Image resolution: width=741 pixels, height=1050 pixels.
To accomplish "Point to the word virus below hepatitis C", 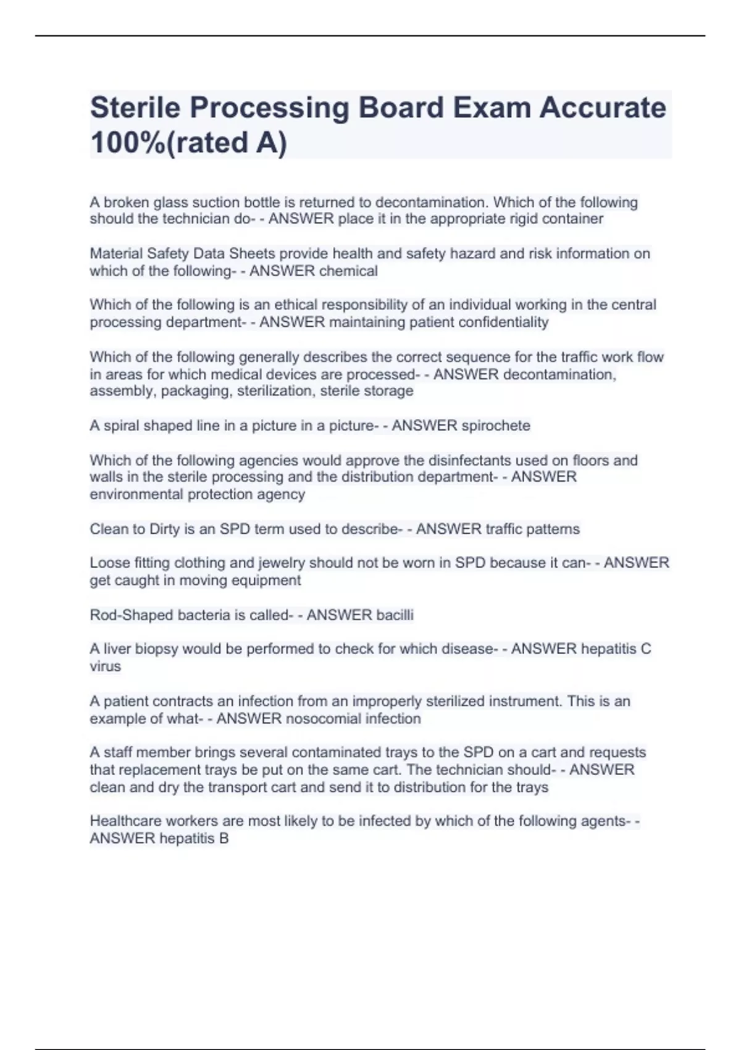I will point(105,666).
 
